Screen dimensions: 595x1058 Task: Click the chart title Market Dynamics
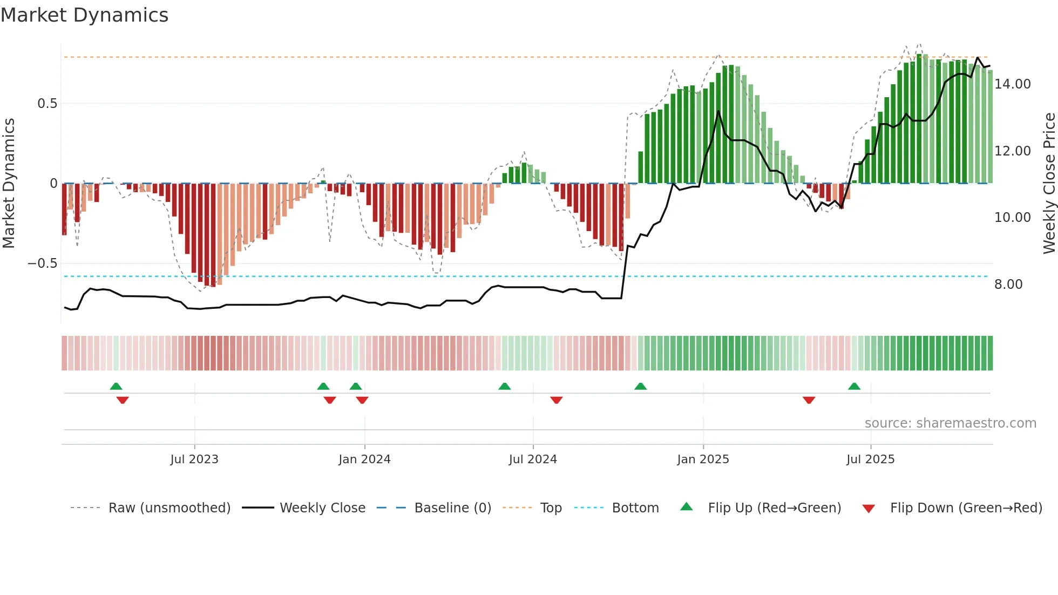[84, 15]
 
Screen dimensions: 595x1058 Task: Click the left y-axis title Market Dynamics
[9, 183]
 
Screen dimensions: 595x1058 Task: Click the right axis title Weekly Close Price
[1049, 183]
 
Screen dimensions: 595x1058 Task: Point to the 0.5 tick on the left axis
[47, 104]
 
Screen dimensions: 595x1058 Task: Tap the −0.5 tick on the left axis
[43, 263]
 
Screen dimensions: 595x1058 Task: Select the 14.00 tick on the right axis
[1012, 84]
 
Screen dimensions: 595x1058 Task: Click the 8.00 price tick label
[1008, 285]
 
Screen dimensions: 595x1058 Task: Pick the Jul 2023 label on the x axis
[194, 459]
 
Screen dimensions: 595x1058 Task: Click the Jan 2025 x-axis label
[703, 459]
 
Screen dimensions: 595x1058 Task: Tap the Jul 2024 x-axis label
[533, 459]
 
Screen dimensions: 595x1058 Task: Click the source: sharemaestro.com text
[950, 423]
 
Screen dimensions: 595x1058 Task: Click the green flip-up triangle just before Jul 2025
[854, 387]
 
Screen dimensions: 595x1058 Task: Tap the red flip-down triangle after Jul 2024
[557, 400]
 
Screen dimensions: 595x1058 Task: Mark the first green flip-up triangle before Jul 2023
[116, 387]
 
